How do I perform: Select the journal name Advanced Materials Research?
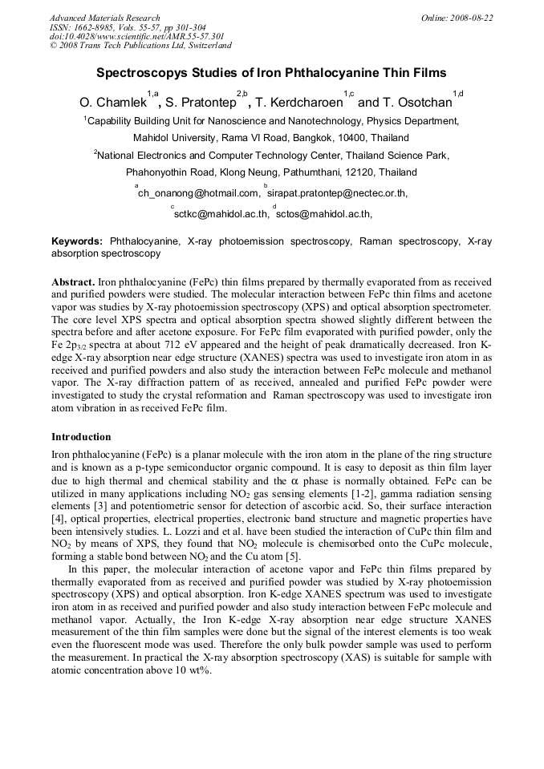[104, 18]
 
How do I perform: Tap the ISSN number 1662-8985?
[102, 27]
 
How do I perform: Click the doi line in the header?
[136, 36]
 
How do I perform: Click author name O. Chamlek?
[112, 103]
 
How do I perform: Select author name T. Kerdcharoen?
[298, 103]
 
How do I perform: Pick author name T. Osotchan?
[416, 103]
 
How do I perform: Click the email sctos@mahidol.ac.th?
[324, 214]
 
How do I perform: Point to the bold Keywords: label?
[77, 241]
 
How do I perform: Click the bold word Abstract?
[73, 283]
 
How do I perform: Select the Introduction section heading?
[81, 437]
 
